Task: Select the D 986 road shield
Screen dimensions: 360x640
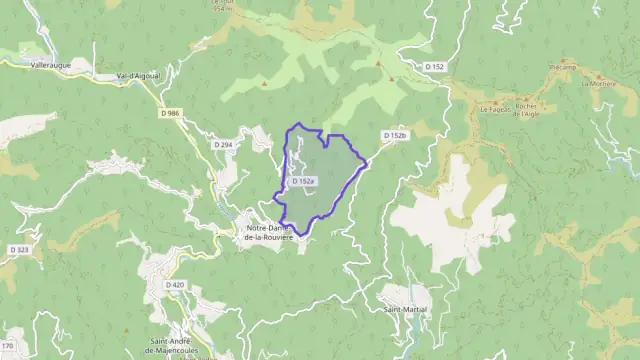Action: (169, 113)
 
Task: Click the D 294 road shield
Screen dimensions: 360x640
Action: (222, 145)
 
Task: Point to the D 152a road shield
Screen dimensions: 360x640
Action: (304, 181)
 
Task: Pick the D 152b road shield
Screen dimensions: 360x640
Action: (395, 134)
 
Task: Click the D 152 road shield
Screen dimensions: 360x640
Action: (434, 67)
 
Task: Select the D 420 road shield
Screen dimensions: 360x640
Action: (174, 285)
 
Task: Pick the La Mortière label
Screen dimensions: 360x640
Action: (600, 84)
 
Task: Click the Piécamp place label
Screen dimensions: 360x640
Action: (562, 67)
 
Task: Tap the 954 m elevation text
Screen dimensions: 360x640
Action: (221, 9)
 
